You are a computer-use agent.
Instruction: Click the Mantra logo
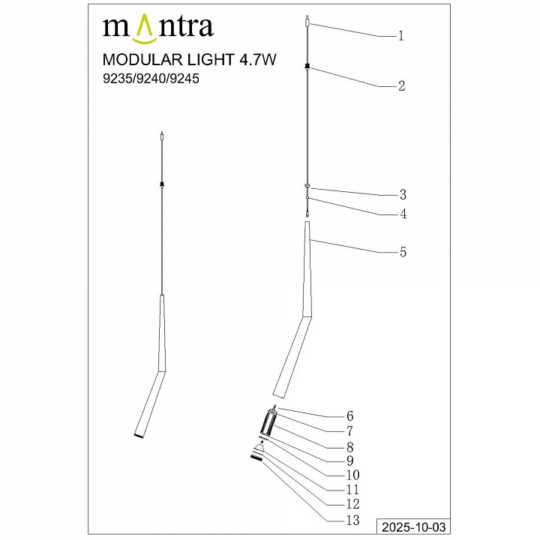click(x=157, y=28)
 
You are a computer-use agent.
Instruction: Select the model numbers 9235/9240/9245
click(x=150, y=79)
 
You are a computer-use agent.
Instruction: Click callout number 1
click(x=401, y=35)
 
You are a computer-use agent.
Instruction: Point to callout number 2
click(x=401, y=86)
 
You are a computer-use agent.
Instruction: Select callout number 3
click(x=401, y=194)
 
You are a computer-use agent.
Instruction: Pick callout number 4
click(x=403, y=214)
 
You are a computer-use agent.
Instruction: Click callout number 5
click(x=403, y=253)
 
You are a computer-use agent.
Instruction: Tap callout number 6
click(x=349, y=416)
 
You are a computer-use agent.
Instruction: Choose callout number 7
click(x=349, y=431)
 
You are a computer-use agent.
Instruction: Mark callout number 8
click(x=349, y=446)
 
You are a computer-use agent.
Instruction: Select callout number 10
click(x=350, y=475)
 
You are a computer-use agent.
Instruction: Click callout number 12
click(x=350, y=504)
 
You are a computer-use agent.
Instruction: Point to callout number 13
click(x=350, y=520)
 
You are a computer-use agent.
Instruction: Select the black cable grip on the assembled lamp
click(x=162, y=183)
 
